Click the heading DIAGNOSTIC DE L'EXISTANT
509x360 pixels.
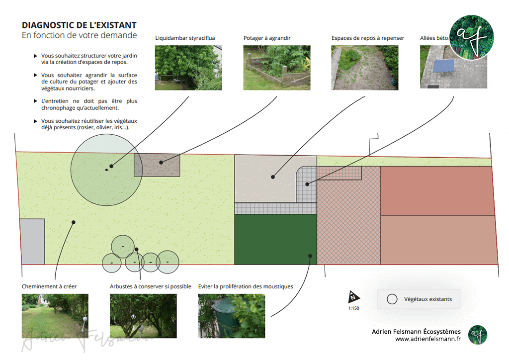click(x=79, y=25)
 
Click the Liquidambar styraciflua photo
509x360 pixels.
click(x=188, y=68)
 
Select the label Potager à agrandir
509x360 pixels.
click(x=267, y=38)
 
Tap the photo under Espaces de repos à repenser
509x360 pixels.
click(x=365, y=68)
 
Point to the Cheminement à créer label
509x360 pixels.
click(x=49, y=286)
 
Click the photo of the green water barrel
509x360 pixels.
click(x=231, y=316)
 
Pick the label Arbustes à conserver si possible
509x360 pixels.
click(x=150, y=286)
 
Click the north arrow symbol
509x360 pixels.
click(x=353, y=297)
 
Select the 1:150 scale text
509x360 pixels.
click(x=353, y=308)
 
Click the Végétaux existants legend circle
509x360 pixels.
click(x=392, y=299)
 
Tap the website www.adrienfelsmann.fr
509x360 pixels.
click(x=428, y=339)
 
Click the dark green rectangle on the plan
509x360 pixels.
click(x=275, y=239)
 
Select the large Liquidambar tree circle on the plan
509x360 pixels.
click(x=104, y=171)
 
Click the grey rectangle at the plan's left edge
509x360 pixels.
click(x=32, y=241)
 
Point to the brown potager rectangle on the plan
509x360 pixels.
click(x=157, y=165)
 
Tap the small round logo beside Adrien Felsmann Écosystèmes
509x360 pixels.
click(x=477, y=335)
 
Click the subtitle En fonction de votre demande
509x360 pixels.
click(x=79, y=36)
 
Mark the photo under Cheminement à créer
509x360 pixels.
click(x=55, y=316)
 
